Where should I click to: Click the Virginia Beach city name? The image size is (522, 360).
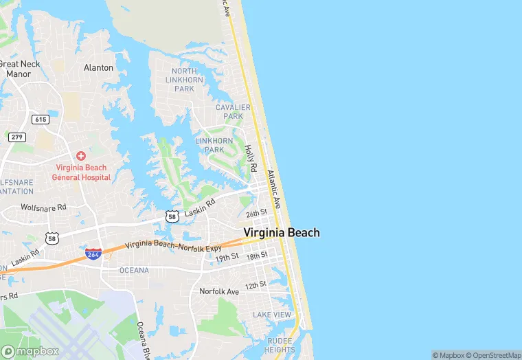pyautogui.click(x=282, y=233)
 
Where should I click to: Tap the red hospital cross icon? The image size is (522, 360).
pyautogui.click(x=81, y=157)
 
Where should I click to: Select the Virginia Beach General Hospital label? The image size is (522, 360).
pyautogui.click(x=82, y=172)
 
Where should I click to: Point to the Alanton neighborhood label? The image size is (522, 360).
pyautogui.click(x=98, y=67)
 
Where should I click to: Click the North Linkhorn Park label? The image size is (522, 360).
pyautogui.click(x=184, y=80)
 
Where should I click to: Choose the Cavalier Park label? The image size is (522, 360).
pyautogui.click(x=229, y=112)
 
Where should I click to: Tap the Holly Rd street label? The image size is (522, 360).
pyautogui.click(x=251, y=158)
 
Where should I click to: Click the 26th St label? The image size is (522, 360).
pyautogui.click(x=256, y=214)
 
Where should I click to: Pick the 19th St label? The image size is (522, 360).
pyautogui.click(x=226, y=257)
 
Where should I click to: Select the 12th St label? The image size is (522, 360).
pyautogui.click(x=256, y=284)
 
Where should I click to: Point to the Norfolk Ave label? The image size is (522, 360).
pyautogui.click(x=219, y=291)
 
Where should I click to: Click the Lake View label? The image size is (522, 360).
pyautogui.click(x=271, y=315)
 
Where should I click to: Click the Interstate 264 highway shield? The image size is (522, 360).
pyautogui.click(x=94, y=254)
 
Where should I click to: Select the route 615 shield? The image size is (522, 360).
pyautogui.click(x=41, y=120)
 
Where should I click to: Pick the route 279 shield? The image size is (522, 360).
pyautogui.click(x=17, y=137)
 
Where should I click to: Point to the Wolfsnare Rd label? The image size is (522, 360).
pyautogui.click(x=43, y=207)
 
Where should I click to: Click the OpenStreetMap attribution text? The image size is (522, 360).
pyautogui.click(x=493, y=355)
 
